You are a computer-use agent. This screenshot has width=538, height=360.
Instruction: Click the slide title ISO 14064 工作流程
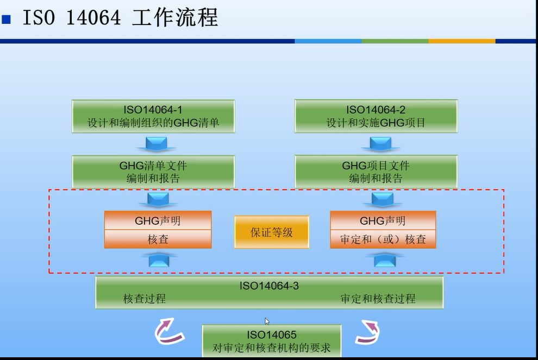click(120, 18)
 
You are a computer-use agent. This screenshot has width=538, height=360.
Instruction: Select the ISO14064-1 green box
click(153, 116)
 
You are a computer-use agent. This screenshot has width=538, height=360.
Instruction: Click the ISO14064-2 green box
click(376, 116)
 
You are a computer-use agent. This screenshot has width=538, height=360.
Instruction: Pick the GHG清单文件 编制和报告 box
click(153, 172)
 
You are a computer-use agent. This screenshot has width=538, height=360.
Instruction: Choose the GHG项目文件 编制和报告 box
click(376, 172)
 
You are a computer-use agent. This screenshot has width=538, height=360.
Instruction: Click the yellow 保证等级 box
click(271, 232)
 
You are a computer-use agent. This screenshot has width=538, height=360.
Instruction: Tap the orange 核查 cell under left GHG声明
click(158, 239)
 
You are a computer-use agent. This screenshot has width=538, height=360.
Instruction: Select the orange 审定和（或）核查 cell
click(383, 239)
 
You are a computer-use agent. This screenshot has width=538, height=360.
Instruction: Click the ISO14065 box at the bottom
click(271, 341)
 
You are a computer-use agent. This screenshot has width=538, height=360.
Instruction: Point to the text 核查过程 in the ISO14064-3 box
click(145, 299)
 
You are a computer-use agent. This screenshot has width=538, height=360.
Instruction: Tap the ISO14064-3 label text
click(269, 285)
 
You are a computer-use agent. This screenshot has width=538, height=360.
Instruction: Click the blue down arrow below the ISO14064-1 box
click(158, 144)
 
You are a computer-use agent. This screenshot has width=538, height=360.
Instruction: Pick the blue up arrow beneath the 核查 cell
click(158, 260)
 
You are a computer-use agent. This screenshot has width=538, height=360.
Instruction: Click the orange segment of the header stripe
click(461, 41)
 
